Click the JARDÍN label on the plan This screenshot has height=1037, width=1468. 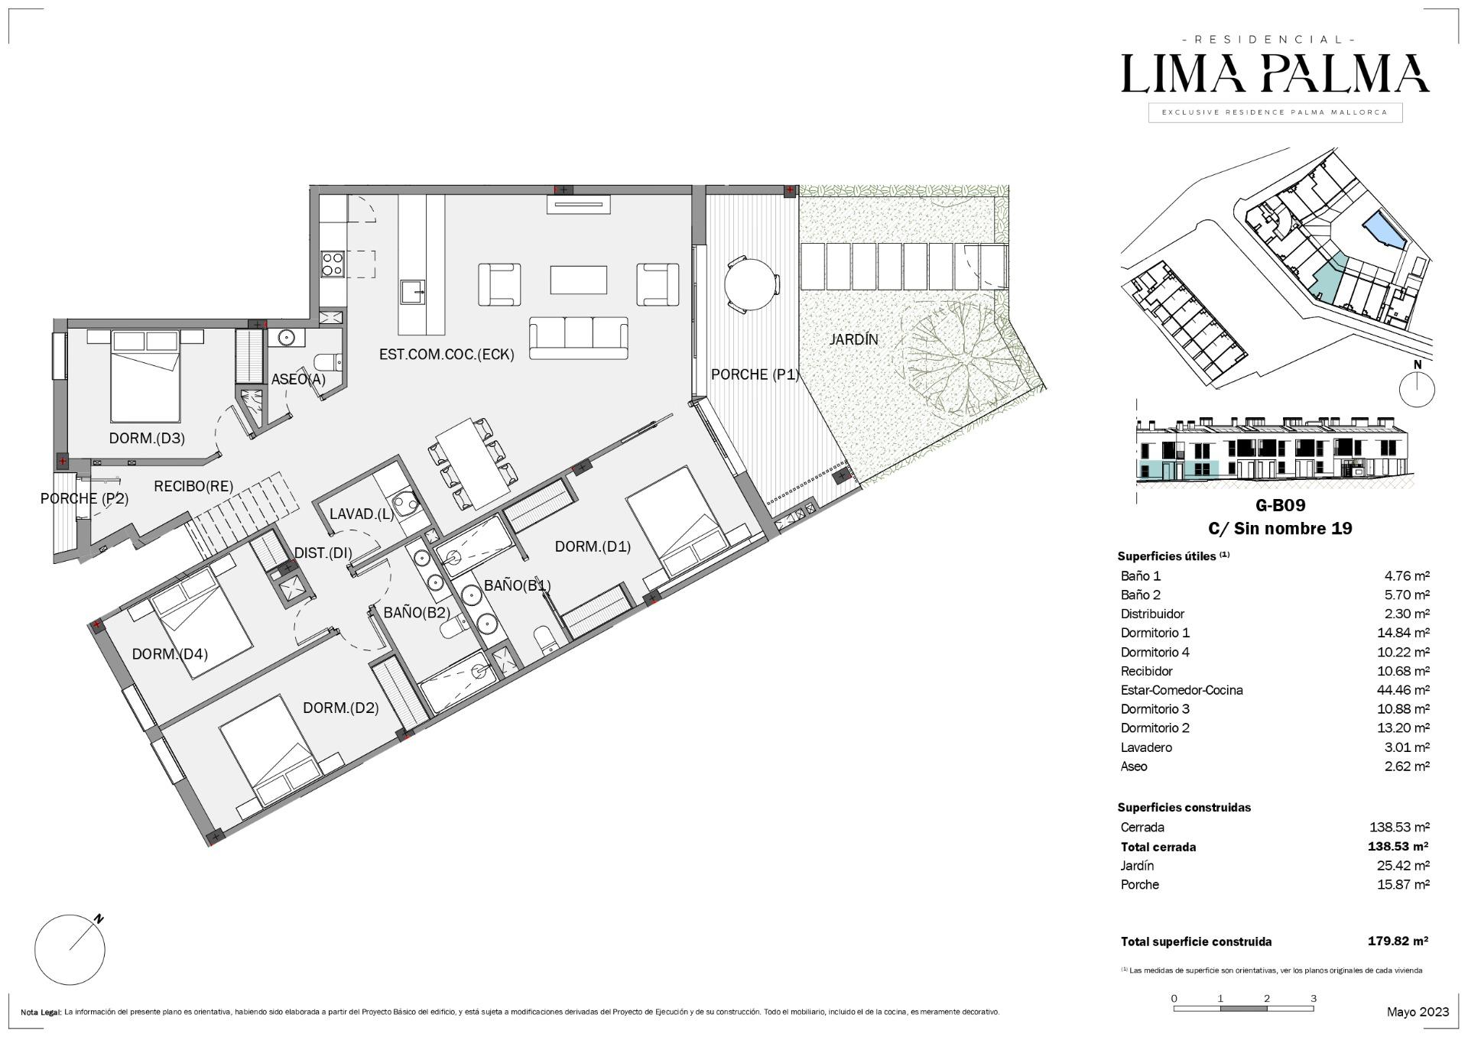853,339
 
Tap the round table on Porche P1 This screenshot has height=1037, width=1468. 752,285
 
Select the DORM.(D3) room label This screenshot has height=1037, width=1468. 147,438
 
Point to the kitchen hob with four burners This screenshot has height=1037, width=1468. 332,264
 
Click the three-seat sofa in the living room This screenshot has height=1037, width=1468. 578,339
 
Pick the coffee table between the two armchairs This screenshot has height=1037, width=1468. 578,280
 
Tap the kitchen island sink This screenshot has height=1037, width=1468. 414,292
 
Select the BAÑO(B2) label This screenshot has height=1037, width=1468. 416,612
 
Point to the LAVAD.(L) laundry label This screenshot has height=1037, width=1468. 362,514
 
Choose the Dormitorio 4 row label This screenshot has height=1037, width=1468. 1155,652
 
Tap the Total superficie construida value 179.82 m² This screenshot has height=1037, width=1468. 1398,941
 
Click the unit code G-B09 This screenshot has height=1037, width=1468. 1280,505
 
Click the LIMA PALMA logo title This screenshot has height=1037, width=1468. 1275,73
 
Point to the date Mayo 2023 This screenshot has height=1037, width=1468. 1418,1012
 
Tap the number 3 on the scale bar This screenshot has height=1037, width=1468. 1314,998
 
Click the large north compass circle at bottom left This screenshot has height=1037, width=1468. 70,950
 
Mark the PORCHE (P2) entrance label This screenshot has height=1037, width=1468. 84,498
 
